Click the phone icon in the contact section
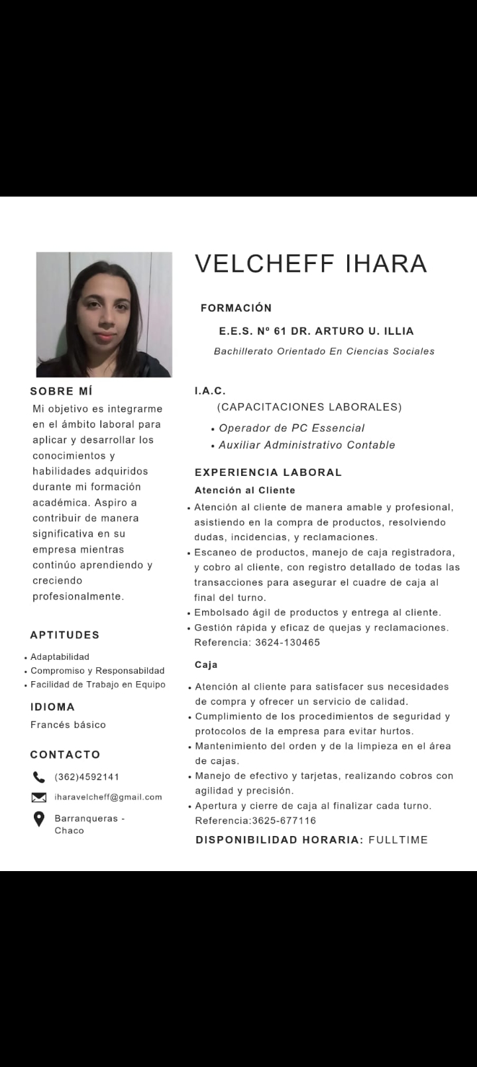click(39, 777)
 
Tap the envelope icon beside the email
click(39, 798)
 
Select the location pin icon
click(39, 820)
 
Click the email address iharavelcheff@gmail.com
click(108, 797)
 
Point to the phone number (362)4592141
click(87, 777)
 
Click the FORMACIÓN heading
click(236, 308)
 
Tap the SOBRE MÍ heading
click(61, 391)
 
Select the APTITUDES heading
click(65, 635)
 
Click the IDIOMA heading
click(52, 707)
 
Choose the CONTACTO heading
click(65, 755)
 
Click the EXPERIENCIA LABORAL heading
click(268, 473)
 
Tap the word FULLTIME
click(398, 840)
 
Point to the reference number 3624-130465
click(287, 643)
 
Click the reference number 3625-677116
click(284, 821)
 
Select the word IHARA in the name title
click(386, 263)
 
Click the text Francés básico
click(68, 725)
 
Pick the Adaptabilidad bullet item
click(60, 657)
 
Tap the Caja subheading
click(206, 665)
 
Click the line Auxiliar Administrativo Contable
click(307, 445)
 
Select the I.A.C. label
click(210, 391)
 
